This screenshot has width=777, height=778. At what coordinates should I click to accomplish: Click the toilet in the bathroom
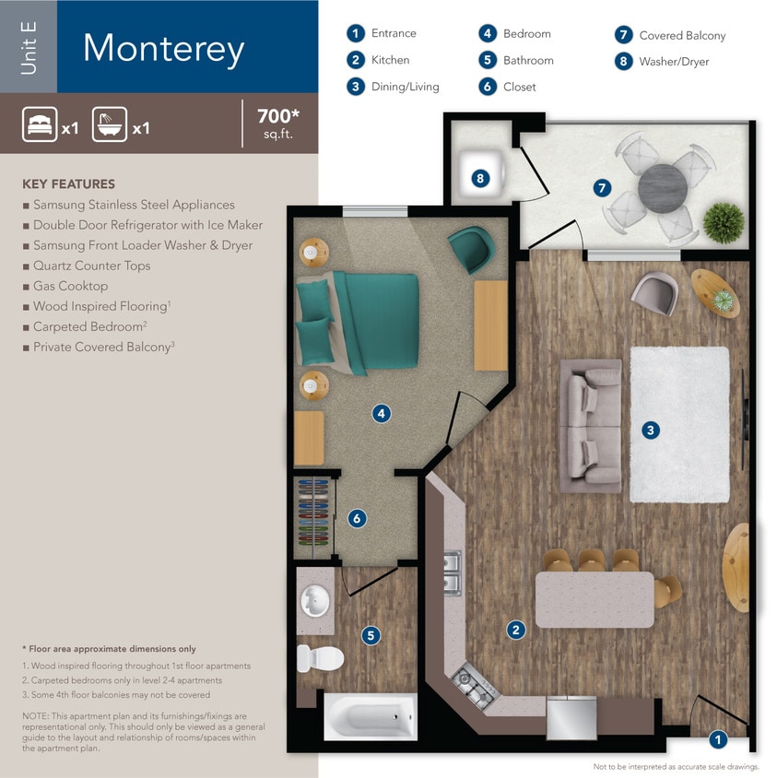320,658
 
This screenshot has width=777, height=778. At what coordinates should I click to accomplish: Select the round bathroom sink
316,602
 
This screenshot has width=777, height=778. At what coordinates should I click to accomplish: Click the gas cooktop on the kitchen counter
475,686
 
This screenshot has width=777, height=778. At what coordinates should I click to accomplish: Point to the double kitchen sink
451,572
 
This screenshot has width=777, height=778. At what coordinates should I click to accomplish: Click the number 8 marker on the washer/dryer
480,179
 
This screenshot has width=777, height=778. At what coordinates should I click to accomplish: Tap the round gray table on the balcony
663,188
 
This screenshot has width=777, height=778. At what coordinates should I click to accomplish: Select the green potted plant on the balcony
724,222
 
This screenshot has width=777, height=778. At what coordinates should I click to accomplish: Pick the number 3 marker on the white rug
651,430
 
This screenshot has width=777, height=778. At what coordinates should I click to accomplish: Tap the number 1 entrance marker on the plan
718,738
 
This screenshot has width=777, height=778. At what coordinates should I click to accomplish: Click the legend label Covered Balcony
682,35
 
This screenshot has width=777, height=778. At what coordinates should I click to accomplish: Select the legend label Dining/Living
405,87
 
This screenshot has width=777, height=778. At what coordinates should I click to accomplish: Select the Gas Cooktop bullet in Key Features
70,286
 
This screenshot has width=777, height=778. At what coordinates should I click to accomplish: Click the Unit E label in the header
29,46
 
